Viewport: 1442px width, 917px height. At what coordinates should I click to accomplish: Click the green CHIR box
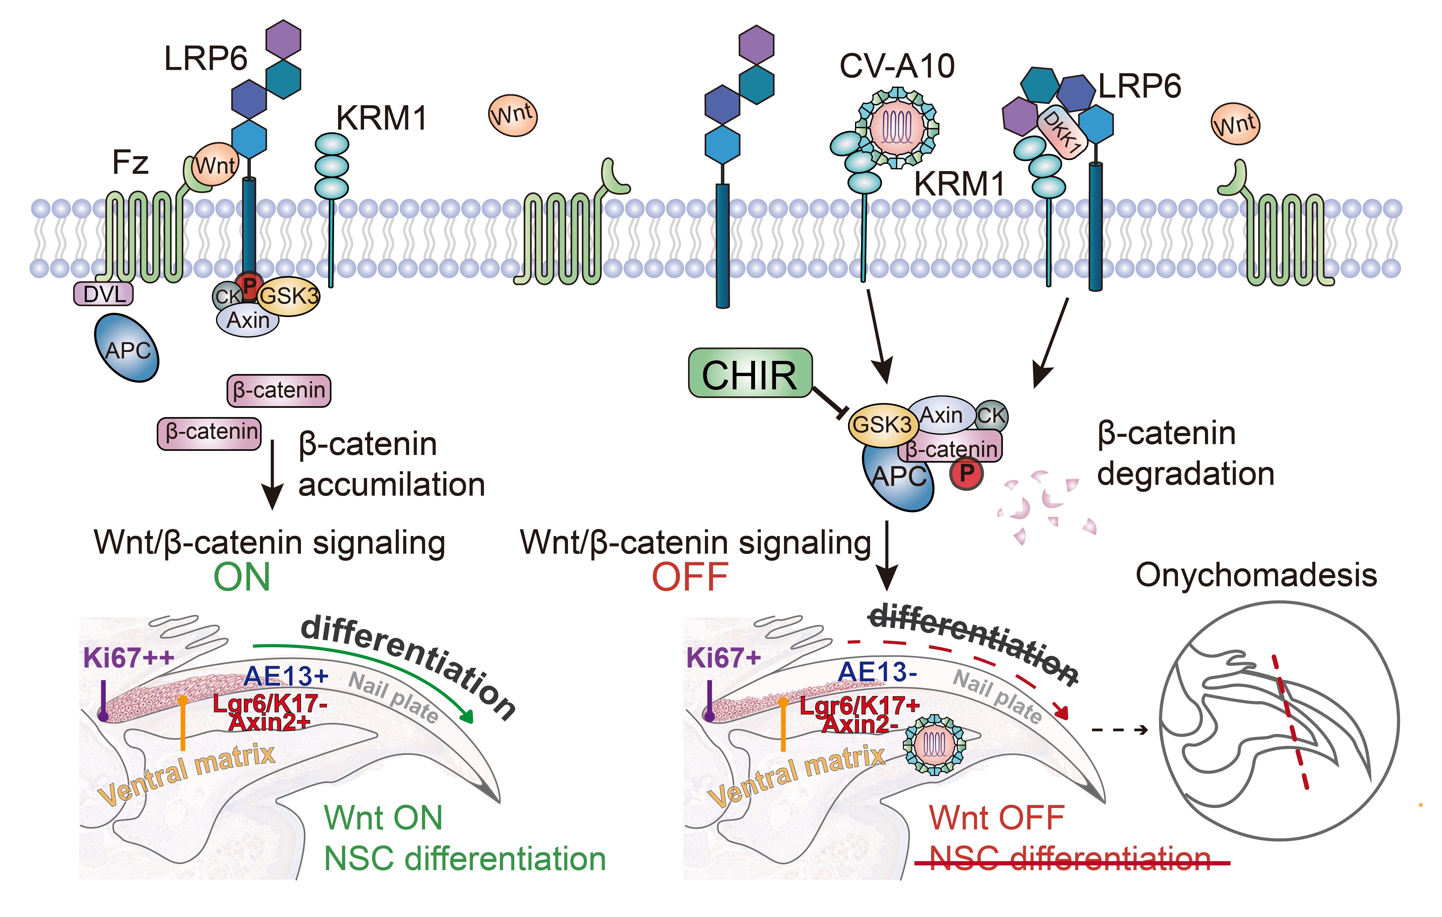point(750,373)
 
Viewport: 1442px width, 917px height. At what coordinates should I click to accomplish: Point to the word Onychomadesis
point(1256,575)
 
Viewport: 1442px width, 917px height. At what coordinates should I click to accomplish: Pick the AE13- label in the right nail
point(877,672)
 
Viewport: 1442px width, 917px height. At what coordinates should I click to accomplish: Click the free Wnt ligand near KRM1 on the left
point(513,115)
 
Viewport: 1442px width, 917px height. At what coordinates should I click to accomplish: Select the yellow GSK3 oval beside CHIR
point(881,425)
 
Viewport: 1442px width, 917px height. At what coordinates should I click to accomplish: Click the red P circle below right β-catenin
point(966,473)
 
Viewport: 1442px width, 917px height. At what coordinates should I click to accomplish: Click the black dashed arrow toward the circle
point(1120,730)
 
